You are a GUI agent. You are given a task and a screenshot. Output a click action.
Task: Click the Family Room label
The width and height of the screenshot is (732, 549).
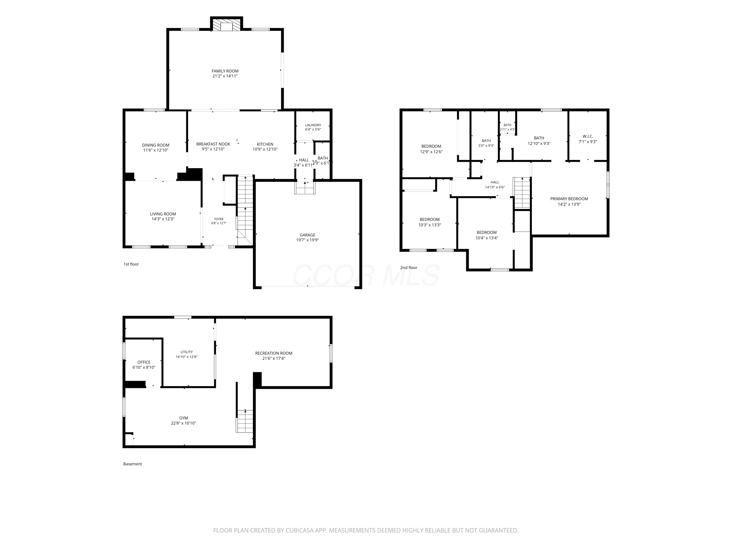click(x=225, y=71)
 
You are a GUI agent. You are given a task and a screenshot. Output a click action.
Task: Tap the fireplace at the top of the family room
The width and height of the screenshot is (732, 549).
click(x=227, y=25)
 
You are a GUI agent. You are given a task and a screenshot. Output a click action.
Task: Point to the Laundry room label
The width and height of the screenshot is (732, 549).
click(x=313, y=125)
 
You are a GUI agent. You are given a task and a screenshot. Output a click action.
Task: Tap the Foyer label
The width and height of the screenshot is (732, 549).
click(x=219, y=219)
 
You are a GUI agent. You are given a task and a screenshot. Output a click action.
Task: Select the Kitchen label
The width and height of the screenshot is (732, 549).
click(x=265, y=144)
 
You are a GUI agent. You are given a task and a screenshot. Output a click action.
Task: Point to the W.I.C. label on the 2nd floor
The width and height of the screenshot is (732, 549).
click(x=588, y=136)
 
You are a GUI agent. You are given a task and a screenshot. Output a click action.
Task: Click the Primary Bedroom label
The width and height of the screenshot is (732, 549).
click(x=569, y=199)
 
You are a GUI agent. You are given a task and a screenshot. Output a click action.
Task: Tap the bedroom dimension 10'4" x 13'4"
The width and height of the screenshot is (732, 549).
click(x=487, y=238)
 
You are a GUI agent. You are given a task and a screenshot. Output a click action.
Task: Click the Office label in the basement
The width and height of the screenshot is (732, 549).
click(x=144, y=362)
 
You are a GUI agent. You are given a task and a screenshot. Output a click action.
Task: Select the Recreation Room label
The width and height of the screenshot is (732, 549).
click(x=274, y=353)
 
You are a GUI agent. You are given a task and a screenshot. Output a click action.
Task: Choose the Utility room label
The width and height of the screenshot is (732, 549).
click(x=187, y=352)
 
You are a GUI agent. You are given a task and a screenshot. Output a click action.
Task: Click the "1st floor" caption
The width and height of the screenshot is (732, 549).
click(x=131, y=264)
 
